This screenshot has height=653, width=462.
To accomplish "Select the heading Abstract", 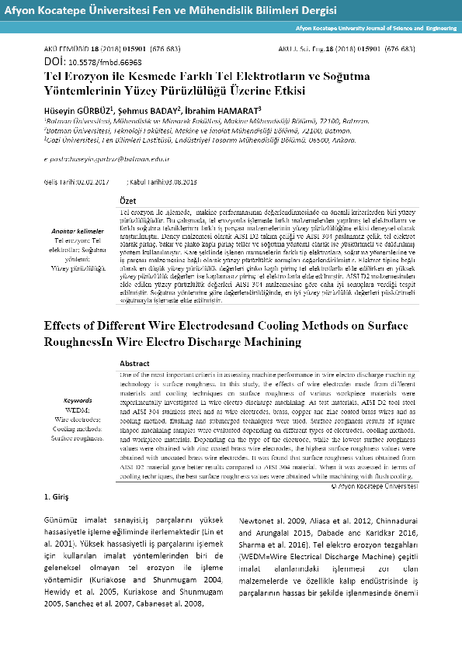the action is point(137,363).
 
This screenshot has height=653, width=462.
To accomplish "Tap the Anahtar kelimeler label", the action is point(77,232).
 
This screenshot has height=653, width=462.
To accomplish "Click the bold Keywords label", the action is point(77,401).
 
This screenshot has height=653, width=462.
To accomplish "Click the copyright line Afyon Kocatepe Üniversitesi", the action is point(374,486).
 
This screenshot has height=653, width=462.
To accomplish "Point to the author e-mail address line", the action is point(107,157).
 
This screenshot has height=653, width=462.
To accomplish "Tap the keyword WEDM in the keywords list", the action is point(77,409).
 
